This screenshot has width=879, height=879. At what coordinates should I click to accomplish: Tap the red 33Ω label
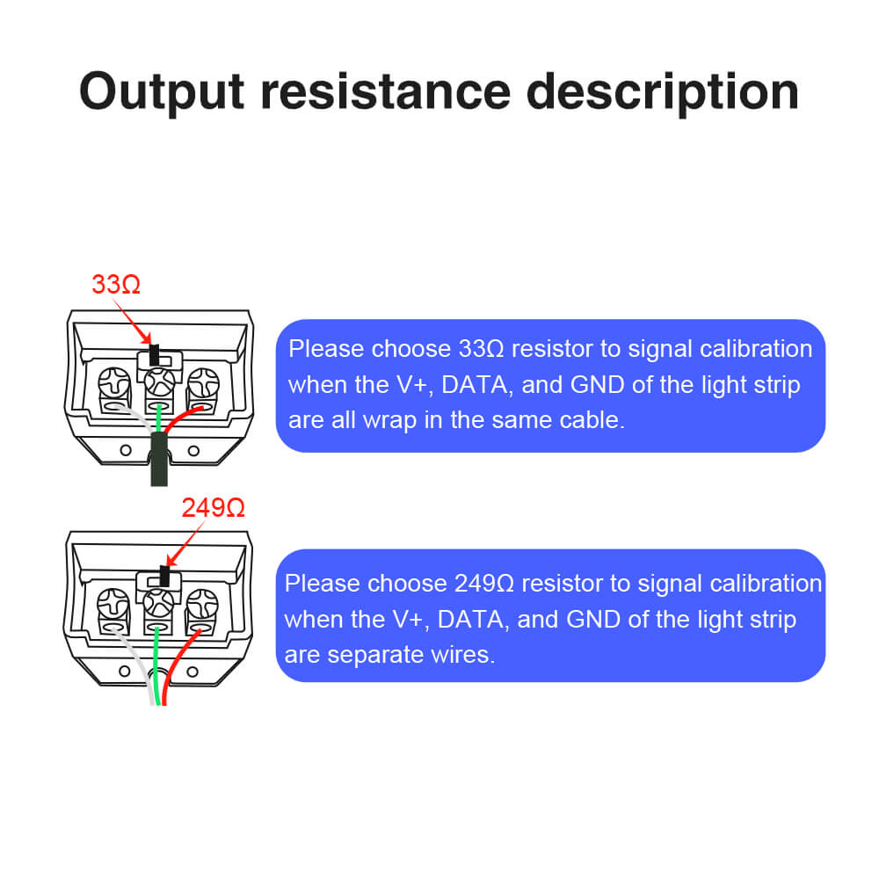116,284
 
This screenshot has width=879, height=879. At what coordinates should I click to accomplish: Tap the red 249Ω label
213,507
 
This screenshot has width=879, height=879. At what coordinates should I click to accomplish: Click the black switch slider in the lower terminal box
164,577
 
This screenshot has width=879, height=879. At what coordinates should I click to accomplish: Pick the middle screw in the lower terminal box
158,603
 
